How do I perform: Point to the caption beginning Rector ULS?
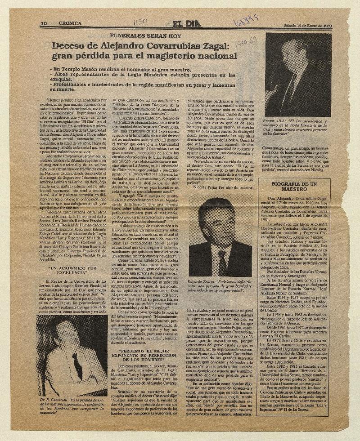(298, 127)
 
